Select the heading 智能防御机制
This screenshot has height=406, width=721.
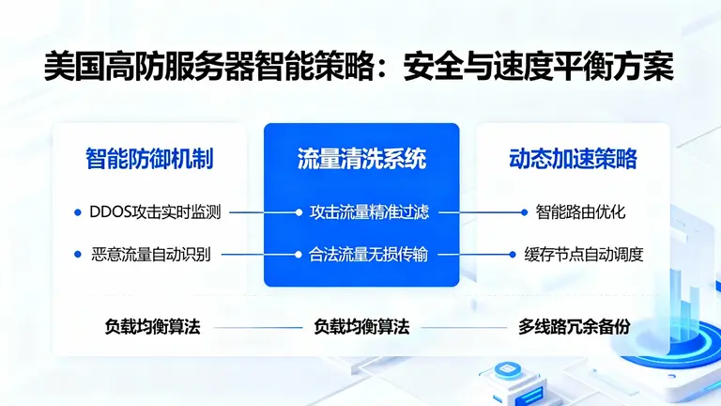(x=149, y=158)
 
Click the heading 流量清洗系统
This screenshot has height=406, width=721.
(x=361, y=158)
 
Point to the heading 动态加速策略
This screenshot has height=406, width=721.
(x=573, y=158)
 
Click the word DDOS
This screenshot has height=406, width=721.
(x=111, y=212)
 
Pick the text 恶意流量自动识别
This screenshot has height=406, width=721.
(x=152, y=254)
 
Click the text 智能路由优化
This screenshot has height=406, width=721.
(x=580, y=212)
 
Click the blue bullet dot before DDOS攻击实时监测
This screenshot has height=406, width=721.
(x=77, y=212)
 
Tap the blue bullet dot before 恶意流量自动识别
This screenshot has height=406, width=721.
(x=77, y=254)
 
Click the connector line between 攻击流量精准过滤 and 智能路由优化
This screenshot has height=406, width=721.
(x=474, y=212)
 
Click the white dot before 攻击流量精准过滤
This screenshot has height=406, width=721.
(x=299, y=212)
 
